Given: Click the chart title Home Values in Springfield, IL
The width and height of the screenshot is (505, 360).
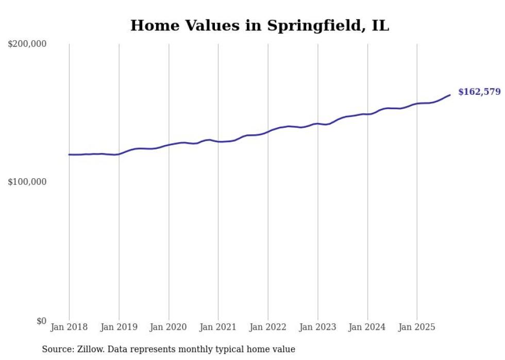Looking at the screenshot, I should click(259, 25).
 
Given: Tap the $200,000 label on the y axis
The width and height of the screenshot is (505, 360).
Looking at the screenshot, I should click(27, 44).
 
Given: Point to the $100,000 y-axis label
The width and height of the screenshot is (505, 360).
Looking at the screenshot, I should click(27, 182).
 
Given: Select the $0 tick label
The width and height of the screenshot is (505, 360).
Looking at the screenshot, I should click(41, 321).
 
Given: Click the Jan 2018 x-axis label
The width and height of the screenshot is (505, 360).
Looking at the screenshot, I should click(69, 327).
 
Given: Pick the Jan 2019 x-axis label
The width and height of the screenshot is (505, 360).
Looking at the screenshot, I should click(119, 327).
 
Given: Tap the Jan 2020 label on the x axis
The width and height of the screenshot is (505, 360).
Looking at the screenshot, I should click(169, 327).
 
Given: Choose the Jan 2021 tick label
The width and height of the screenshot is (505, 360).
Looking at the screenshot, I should click(218, 327).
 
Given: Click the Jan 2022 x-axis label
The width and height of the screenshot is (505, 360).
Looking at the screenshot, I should click(268, 327).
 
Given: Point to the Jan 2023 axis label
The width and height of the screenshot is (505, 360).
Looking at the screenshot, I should click(317, 327).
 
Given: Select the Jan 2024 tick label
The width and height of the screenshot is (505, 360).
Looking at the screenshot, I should click(367, 327).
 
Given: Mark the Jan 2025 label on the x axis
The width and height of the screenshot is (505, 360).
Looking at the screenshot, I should click(417, 327).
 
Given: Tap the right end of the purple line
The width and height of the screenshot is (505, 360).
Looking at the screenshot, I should click(450, 95).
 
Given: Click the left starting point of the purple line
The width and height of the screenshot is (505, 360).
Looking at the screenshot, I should click(70, 155).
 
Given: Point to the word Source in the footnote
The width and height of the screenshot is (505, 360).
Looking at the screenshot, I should click(56, 349).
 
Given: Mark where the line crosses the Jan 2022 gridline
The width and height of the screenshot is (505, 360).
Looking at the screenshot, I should click(268, 131).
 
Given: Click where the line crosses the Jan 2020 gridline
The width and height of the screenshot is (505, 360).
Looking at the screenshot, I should click(169, 145).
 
